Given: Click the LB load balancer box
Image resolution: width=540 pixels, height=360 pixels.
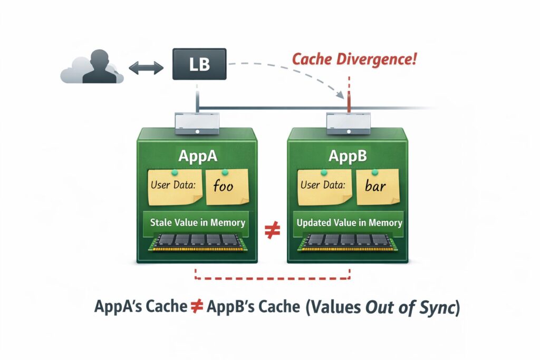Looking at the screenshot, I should pos(199,65).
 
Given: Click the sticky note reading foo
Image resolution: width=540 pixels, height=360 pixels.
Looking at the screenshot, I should pos(227,187).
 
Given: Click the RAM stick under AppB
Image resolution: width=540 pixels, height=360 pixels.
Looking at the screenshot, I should pos(346,241).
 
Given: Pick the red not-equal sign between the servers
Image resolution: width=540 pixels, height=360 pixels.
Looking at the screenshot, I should pos(272,231).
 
